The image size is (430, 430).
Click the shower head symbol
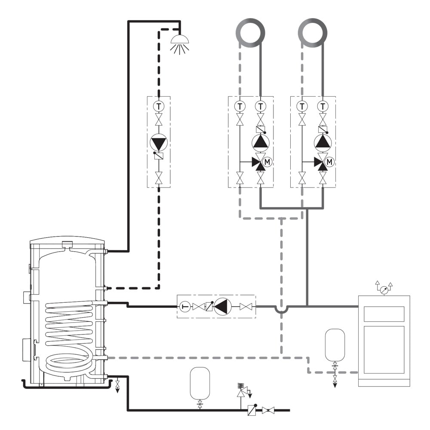[180, 44]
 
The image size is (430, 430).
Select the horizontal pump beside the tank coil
[222, 307]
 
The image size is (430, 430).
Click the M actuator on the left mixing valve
[267, 162]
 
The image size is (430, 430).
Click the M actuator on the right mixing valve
[329, 162]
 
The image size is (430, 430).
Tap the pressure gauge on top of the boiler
[384, 290]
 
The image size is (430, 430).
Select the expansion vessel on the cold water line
[200, 383]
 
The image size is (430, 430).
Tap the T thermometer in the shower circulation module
[159, 106]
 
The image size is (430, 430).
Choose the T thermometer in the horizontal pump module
[185, 307]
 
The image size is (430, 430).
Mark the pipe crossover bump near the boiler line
[281, 309]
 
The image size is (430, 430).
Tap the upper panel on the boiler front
[384, 314]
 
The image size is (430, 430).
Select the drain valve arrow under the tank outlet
[118, 387]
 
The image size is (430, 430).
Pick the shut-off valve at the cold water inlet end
[268, 411]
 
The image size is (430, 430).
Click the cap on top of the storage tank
[67, 244]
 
